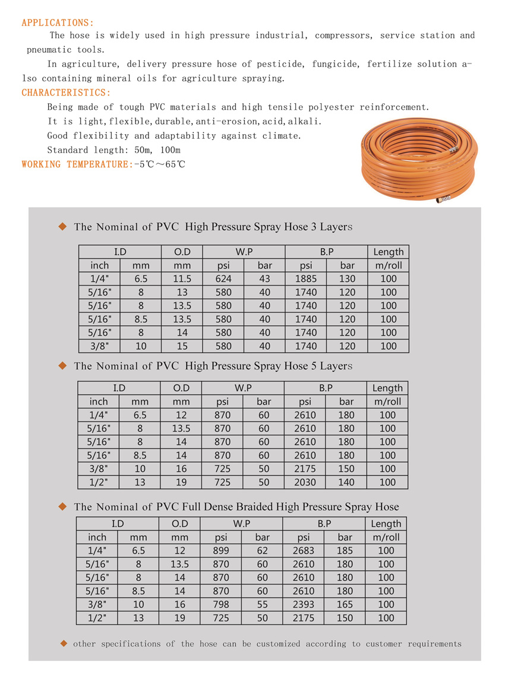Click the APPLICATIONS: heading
(58, 23)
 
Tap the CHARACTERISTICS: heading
(66, 93)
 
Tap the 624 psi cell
(223, 279)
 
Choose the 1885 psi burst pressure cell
(305, 279)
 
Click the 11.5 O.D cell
(182, 279)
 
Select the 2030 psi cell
(305, 482)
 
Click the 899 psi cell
(221, 551)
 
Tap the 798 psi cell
(221, 605)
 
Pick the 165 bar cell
(345, 605)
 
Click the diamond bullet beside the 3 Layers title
(62, 226)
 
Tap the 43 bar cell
(264, 279)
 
